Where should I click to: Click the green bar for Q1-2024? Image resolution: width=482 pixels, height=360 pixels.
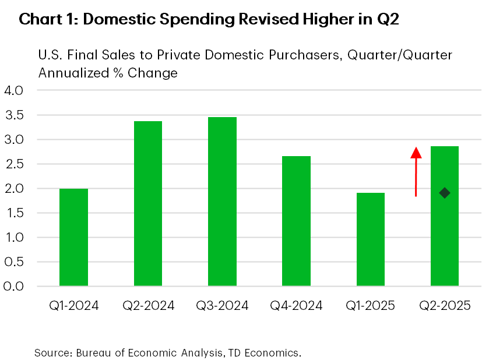click(x=73, y=238)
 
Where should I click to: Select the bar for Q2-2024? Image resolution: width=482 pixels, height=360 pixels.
click(x=148, y=204)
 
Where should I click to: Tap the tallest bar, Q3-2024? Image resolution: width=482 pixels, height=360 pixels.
click(x=222, y=202)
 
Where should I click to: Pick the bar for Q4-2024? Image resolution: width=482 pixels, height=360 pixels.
click(x=296, y=221)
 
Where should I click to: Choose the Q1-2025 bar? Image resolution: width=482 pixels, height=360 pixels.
click(x=370, y=239)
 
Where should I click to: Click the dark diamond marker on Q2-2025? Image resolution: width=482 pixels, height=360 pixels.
click(x=445, y=193)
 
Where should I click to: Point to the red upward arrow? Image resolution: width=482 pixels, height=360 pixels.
click(x=416, y=172)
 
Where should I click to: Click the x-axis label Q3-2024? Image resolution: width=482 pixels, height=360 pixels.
click(x=222, y=306)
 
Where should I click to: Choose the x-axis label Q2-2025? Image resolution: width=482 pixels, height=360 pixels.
click(x=445, y=306)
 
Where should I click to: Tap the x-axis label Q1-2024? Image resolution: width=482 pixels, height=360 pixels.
click(x=73, y=306)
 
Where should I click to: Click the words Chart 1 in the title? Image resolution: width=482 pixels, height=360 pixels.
click(x=44, y=20)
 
